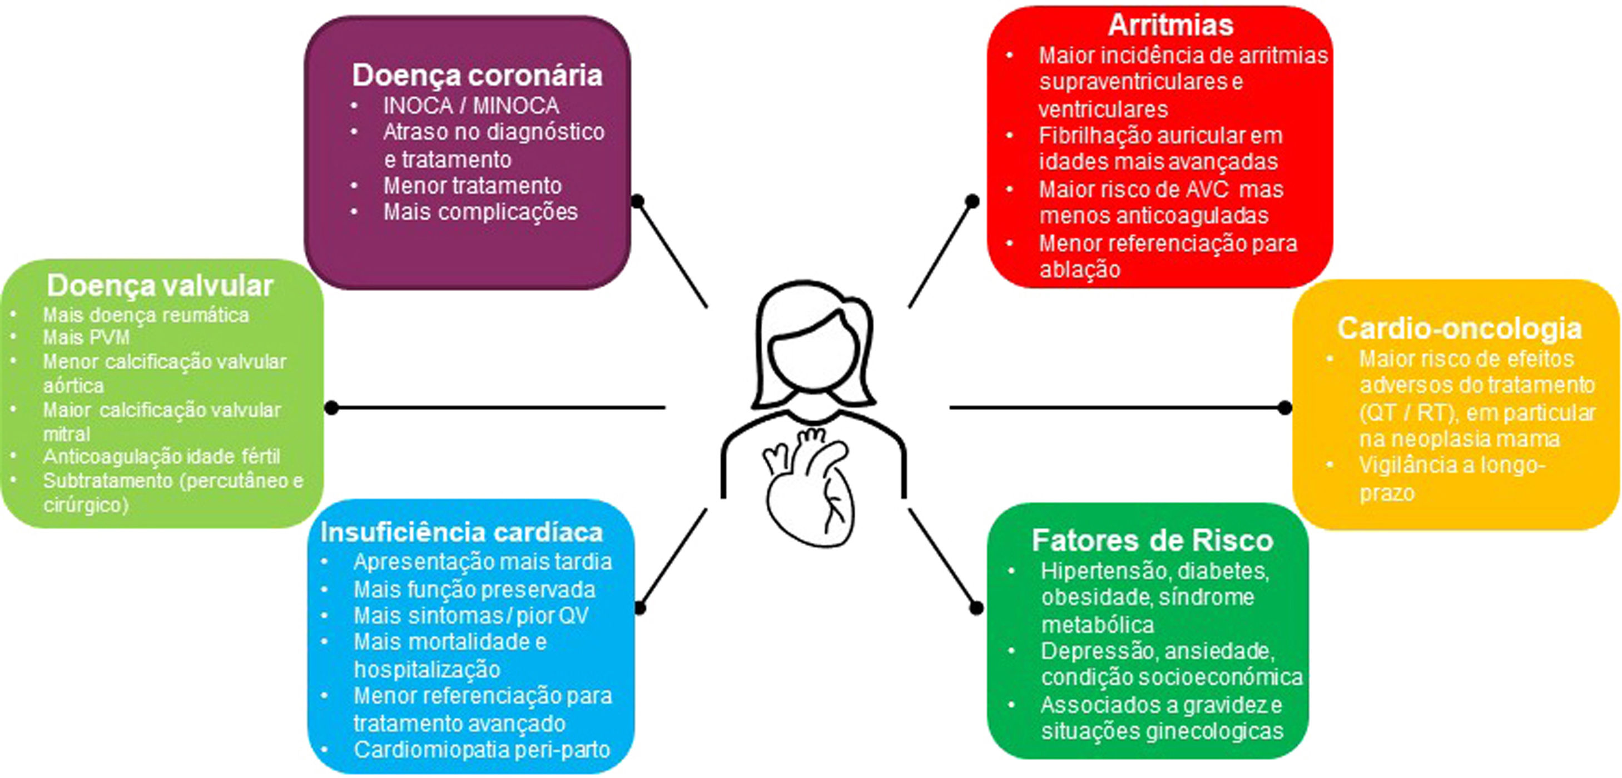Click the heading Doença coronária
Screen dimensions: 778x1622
477,76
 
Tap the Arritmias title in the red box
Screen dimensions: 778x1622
1170,25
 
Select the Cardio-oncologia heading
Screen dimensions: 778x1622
1459,328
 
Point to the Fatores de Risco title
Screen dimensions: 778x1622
1152,541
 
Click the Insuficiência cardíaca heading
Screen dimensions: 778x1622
462,532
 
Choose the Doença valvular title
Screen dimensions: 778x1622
160,286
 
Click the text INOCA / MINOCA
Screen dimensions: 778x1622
471,106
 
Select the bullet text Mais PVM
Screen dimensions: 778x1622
86,338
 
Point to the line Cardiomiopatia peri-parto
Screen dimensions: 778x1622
482,750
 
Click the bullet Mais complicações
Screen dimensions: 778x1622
480,212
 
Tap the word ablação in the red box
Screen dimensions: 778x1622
1080,270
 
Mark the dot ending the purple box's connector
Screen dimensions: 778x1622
638,201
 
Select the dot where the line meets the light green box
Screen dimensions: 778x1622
332,408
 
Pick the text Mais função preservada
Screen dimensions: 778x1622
474,590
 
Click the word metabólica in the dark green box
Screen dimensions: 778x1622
1098,625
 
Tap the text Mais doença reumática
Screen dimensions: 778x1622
146,315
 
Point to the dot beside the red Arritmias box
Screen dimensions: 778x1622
972,201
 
